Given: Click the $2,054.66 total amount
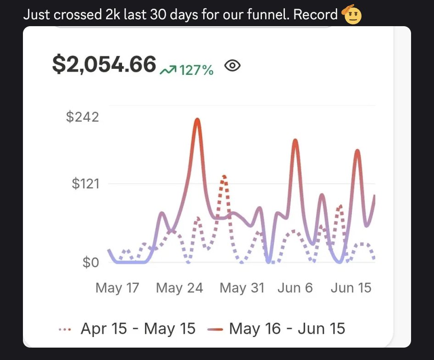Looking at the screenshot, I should click(104, 64).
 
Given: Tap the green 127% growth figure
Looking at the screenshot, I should click(196, 70).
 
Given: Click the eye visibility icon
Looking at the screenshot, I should click(233, 66).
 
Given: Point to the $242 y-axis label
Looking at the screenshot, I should click(83, 117).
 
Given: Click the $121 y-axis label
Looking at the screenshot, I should click(85, 184).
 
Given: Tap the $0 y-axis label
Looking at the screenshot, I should click(90, 263).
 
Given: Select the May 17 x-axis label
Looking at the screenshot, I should click(117, 288).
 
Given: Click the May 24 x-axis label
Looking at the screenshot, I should click(179, 288).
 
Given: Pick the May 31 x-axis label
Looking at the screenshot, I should click(242, 288).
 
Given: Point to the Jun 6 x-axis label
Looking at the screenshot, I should click(295, 288).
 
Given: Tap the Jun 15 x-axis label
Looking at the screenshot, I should click(351, 288).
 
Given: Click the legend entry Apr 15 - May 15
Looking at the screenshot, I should click(138, 329).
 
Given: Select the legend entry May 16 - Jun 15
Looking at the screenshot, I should click(287, 329).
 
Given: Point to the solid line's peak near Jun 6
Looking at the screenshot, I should click(295, 140).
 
